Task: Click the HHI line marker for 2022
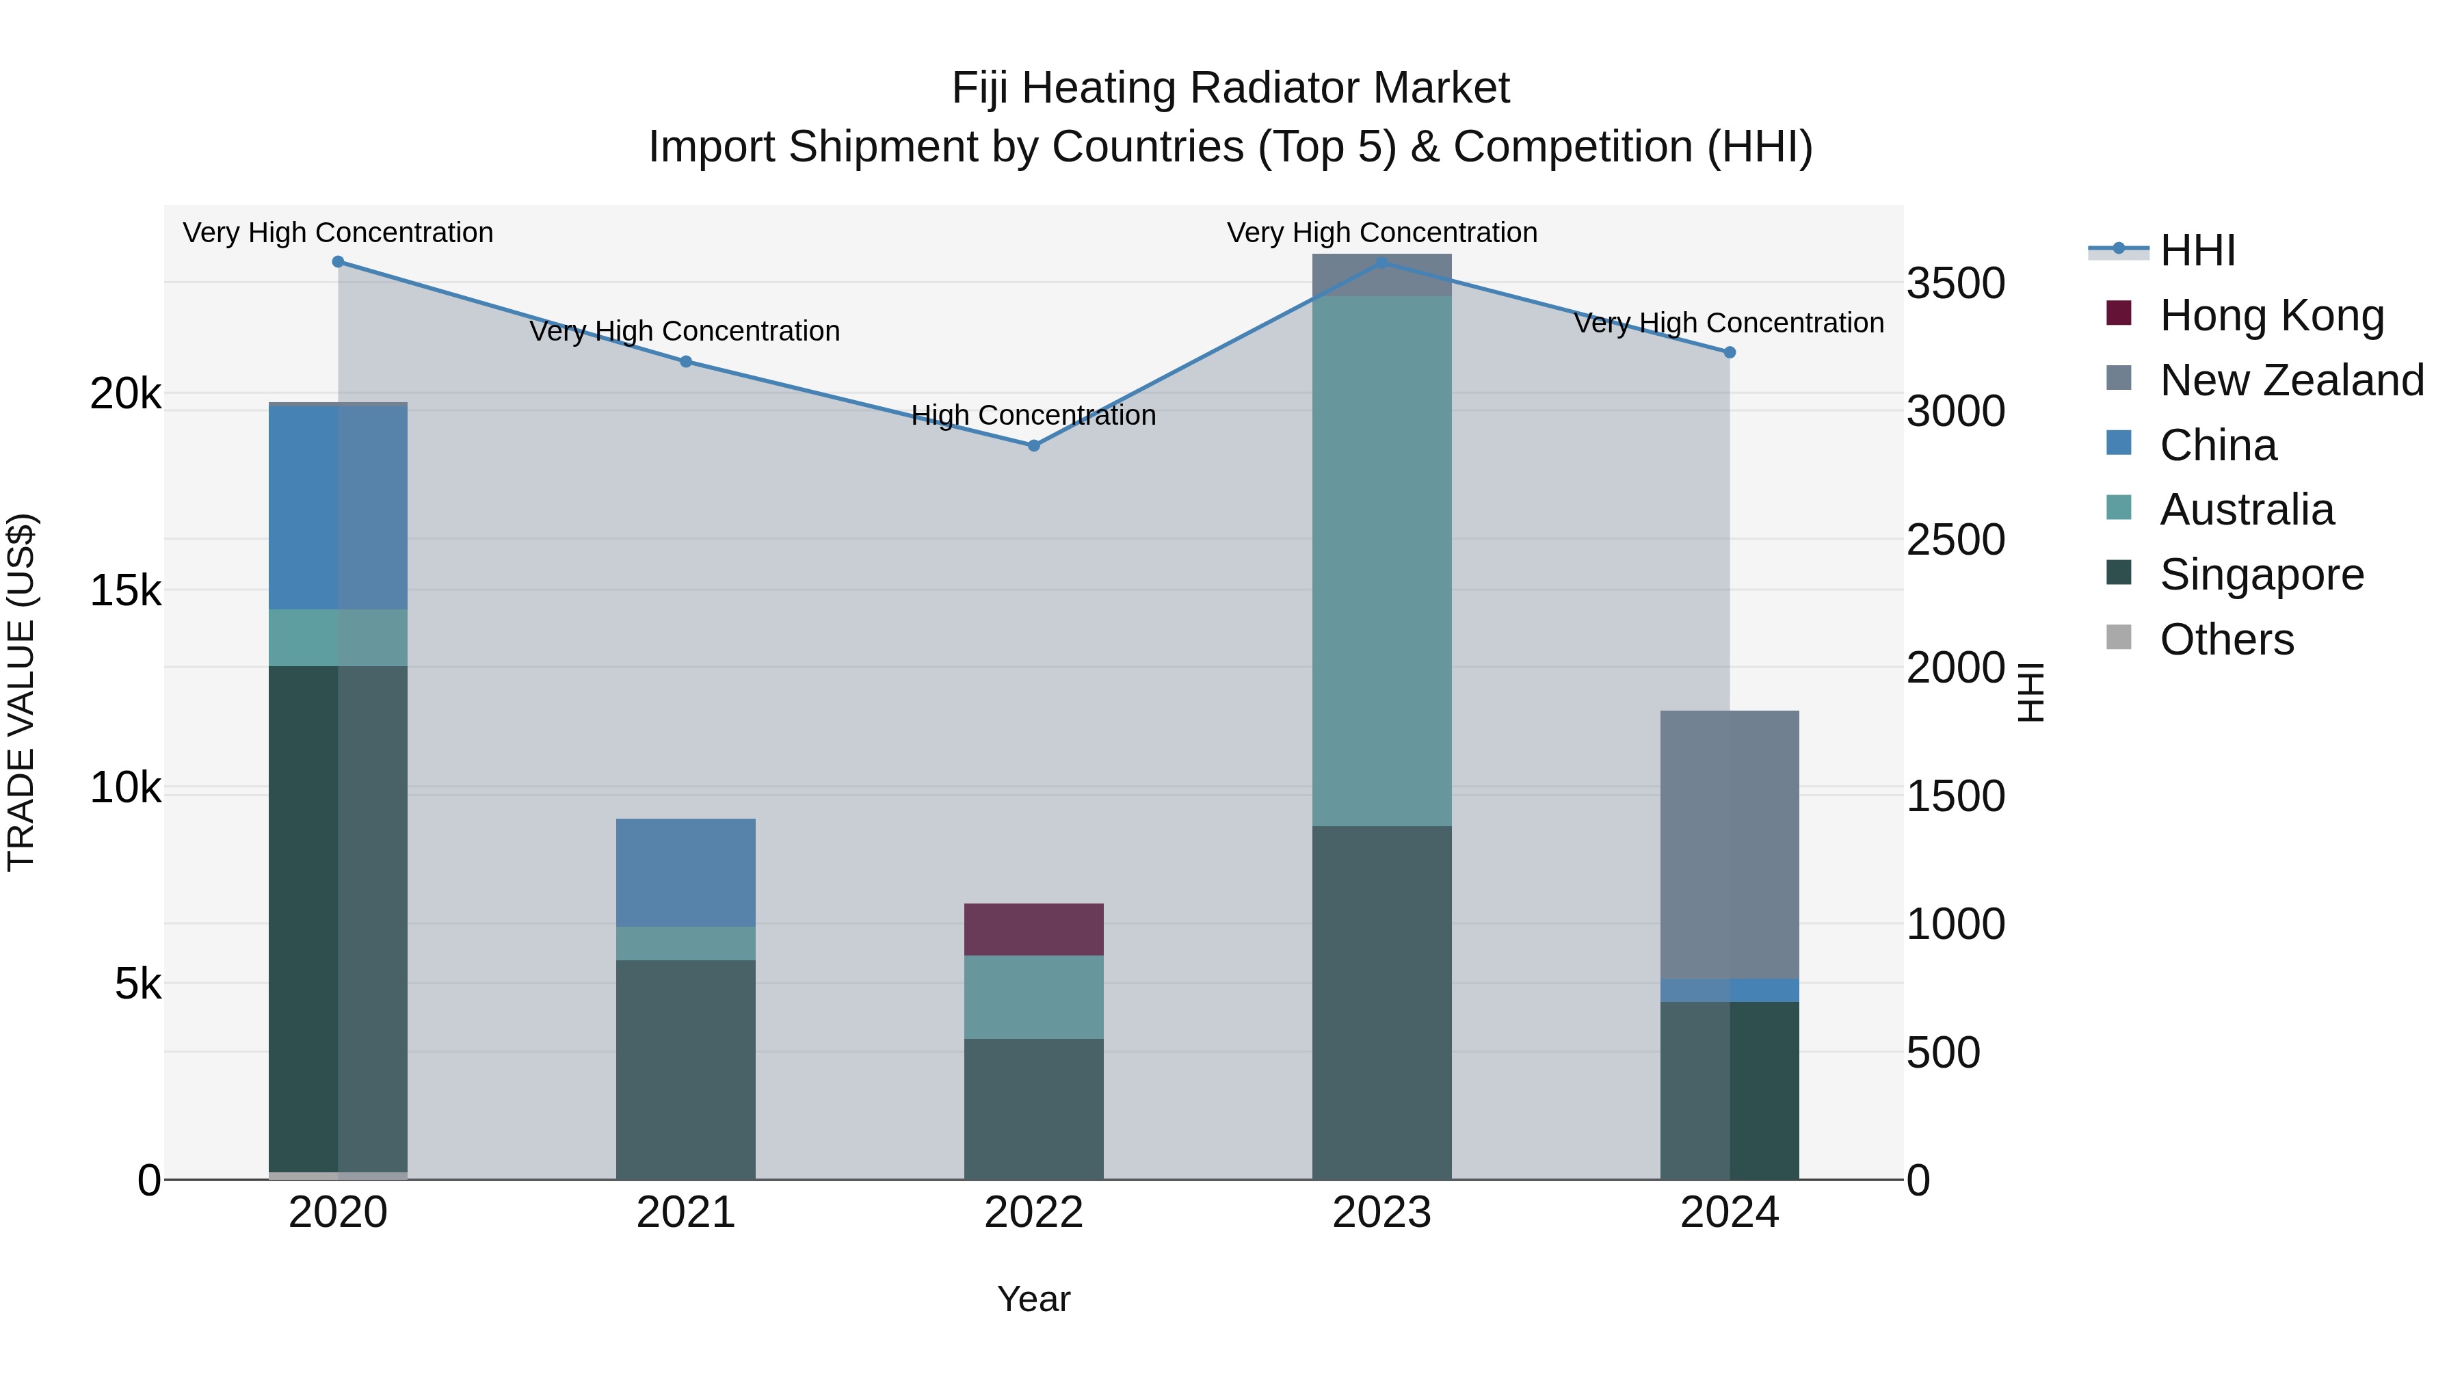pyautogui.click(x=1033, y=445)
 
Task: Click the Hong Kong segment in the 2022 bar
pyautogui.click(x=1033, y=929)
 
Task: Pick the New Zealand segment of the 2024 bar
pyautogui.click(x=1729, y=844)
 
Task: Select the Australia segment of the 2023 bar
pyautogui.click(x=1381, y=561)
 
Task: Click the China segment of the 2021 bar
pyautogui.click(x=685, y=873)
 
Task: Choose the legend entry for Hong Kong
pyautogui.click(x=2271, y=315)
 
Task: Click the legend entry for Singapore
pyautogui.click(x=2262, y=575)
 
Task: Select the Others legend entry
pyautogui.click(x=2226, y=639)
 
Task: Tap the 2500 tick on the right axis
pyautogui.click(x=1955, y=540)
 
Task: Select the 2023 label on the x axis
pyautogui.click(x=1381, y=1213)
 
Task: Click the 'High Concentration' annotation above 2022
pyautogui.click(x=1033, y=415)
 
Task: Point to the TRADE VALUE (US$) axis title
pyautogui.click(x=21, y=692)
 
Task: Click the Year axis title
pyautogui.click(x=1033, y=1299)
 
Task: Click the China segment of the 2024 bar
pyautogui.click(x=1729, y=990)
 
